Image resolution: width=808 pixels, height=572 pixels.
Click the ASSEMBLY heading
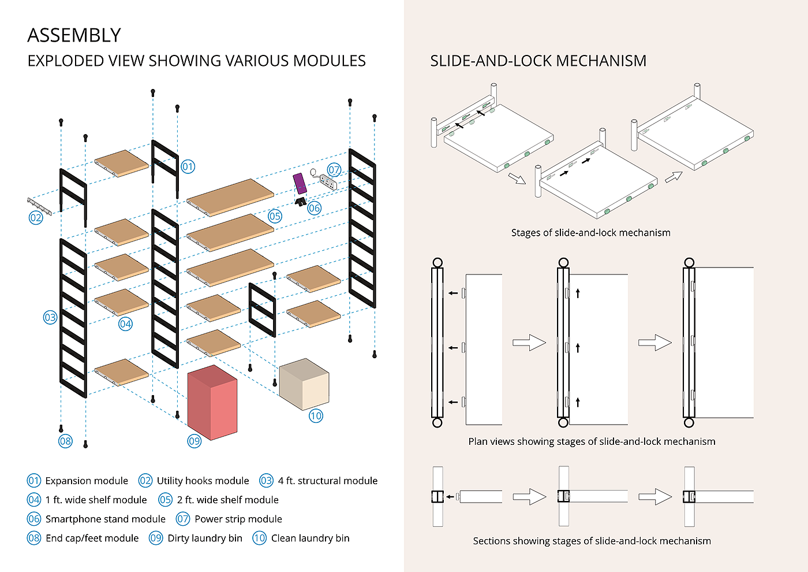74,35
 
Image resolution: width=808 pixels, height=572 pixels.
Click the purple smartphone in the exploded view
300,183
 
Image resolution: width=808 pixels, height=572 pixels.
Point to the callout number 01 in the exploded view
188,167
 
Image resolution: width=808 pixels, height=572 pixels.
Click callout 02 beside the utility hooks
36,218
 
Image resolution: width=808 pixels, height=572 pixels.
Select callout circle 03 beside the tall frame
50,317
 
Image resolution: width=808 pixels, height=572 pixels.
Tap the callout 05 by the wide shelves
275,216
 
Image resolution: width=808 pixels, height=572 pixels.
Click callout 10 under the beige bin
316,415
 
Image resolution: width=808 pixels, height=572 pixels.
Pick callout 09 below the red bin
194,441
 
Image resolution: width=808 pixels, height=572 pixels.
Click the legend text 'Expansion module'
87,481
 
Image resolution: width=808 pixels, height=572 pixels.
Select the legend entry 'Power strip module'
238,519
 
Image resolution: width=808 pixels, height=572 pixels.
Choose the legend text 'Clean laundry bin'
311,538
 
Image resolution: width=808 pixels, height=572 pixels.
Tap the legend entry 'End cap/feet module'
92,538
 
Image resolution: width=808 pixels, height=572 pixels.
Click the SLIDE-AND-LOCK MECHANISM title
538,61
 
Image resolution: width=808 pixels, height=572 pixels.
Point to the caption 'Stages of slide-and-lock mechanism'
590,233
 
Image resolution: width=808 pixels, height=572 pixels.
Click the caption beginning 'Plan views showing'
592,441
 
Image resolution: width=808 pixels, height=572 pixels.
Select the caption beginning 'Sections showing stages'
592,541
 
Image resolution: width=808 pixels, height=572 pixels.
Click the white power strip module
328,182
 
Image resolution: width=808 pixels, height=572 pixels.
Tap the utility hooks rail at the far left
39,206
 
